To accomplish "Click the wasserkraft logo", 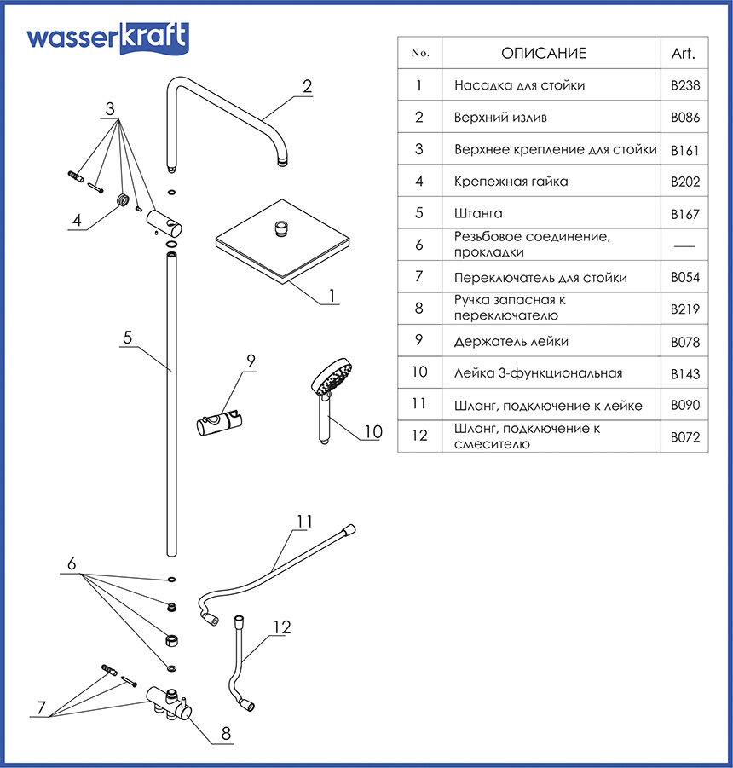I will (x=107, y=39).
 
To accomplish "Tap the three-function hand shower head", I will (x=332, y=377).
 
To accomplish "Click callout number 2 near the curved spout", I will (x=307, y=86).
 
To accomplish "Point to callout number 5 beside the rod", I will (x=127, y=338).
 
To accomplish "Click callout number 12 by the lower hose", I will (x=281, y=627).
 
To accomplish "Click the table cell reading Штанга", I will (x=478, y=213).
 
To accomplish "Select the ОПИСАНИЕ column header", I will (x=543, y=53).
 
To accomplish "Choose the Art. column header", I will (x=684, y=53).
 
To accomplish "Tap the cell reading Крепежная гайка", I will (x=511, y=182).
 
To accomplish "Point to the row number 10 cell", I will (x=418, y=372).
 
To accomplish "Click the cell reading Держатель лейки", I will (x=511, y=341).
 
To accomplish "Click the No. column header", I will (x=419, y=53).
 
